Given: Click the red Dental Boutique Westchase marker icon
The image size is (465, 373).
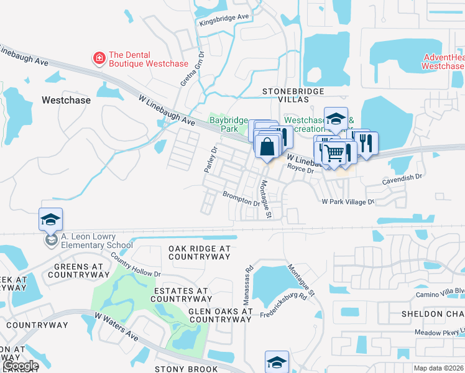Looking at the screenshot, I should (98, 58).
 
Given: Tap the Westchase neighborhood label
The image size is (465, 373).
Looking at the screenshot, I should (66, 99).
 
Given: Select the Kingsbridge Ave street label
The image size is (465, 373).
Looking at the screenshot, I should (224, 20).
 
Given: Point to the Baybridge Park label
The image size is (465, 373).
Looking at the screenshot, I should (224, 124).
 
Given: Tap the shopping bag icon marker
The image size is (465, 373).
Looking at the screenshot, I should (267, 147).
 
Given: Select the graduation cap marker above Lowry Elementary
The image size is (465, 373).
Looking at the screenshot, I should (50, 219).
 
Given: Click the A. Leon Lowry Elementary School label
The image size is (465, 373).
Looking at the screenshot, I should (96, 241).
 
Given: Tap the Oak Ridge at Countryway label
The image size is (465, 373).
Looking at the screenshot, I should (199, 252).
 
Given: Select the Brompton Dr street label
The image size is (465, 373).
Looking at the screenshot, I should (241, 198).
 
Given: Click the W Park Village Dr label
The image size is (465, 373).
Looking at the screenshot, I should (348, 202).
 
